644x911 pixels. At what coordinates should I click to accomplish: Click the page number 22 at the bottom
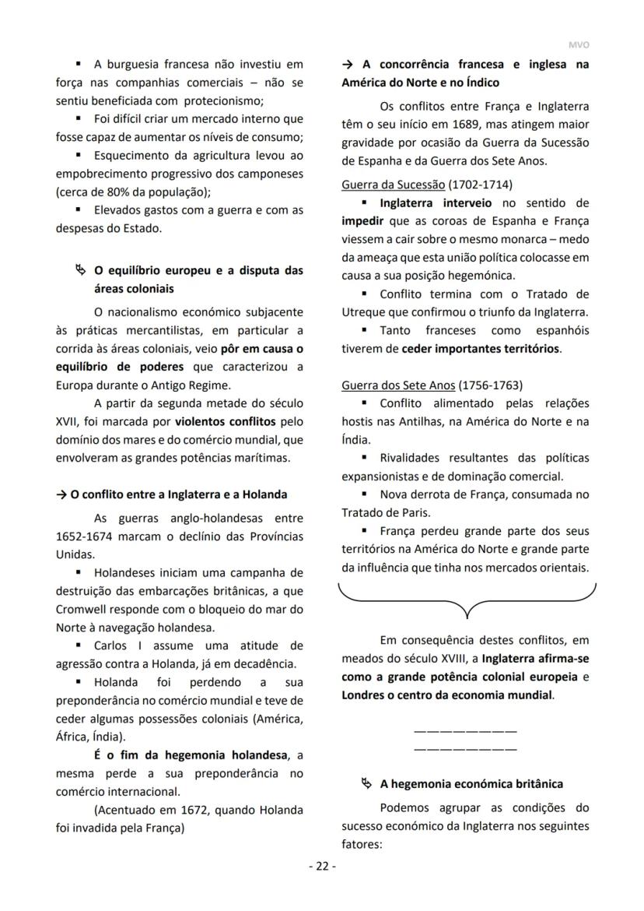[320, 867]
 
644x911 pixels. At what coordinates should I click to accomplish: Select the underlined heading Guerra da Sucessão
[393, 185]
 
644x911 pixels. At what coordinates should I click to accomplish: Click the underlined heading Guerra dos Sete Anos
[398, 385]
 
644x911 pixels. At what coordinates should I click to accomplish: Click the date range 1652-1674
[88, 537]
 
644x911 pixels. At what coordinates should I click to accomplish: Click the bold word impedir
[362, 220]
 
